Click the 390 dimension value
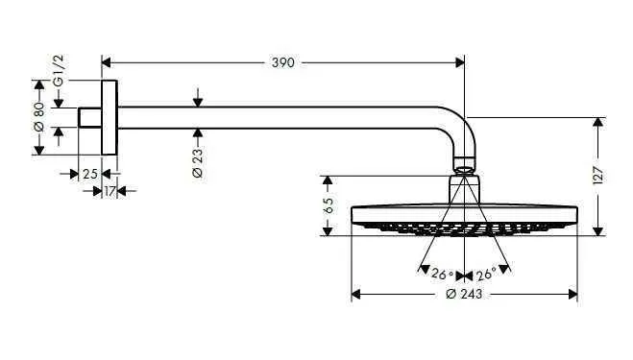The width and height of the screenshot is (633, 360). pyautogui.click(x=284, y=62)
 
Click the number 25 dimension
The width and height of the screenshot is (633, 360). pyautogui.click(x=89, y=174)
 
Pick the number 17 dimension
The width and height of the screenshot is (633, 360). pyautogui.click(x=111, y=191)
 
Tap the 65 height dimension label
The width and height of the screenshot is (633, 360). pyautogui.click(x=328, y=205)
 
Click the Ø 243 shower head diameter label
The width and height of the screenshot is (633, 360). pyautogui.click(x=465, y=294)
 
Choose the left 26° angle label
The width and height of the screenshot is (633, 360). pyautogui.click(x=441, y=274)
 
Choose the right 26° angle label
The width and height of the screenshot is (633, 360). pyautogui.click(x=485, y=274)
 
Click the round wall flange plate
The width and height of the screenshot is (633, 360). pyautogui.click(x=110, y=117)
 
